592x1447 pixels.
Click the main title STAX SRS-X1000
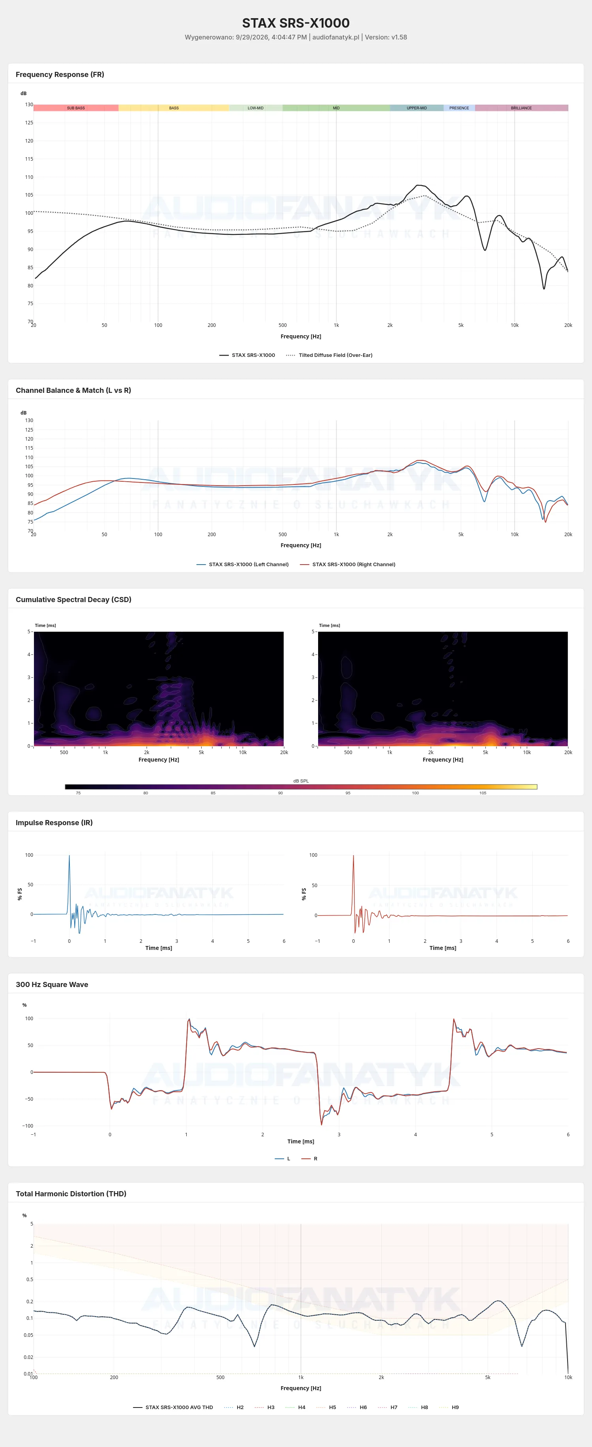click(296, 23)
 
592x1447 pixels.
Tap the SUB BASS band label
click(76, 108)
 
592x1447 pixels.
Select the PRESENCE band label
click(459, 108)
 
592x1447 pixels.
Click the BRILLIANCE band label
click(521, 108)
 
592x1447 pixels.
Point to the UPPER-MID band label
click(417, 108)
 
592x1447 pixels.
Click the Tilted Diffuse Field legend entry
click(329, 355)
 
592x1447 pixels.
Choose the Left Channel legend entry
click(243, 565)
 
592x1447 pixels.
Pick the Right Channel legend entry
click(348, 565)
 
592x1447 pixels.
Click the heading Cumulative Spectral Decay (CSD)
click(73, 599)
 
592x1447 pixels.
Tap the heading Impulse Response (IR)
click(54, 822)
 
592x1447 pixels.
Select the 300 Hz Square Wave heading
click(52, 984)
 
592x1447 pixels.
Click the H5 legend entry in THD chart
click(326, 1407)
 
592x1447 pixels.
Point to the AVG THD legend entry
click(173, 1407)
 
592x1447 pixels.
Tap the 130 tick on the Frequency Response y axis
click(29, 105)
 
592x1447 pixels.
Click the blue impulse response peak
click(69, 856)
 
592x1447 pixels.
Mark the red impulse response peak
click(353, 856)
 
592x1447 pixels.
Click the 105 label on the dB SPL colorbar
click(483, 792)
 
